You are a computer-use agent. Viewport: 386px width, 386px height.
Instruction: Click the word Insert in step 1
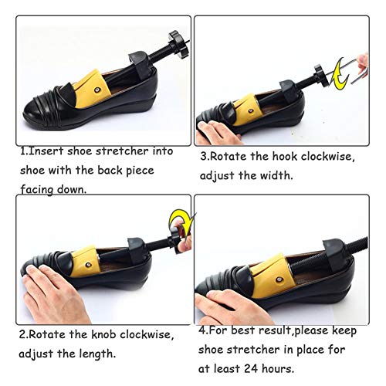pos(48,151)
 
